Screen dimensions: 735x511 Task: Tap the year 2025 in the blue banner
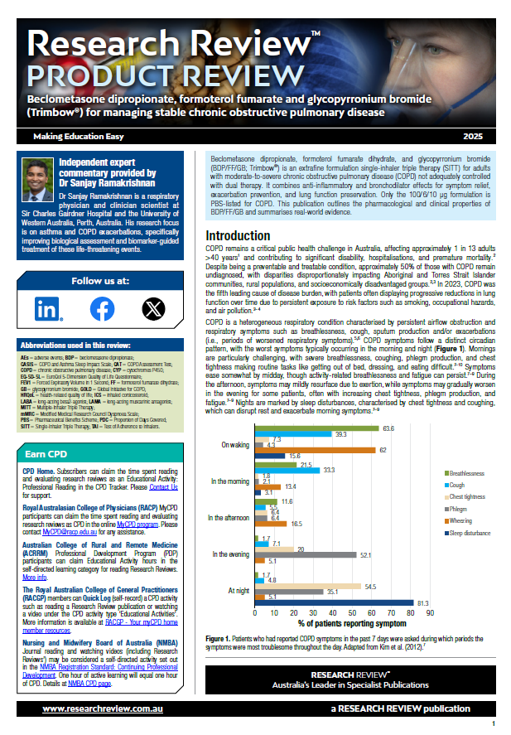(x=474, y=135)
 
